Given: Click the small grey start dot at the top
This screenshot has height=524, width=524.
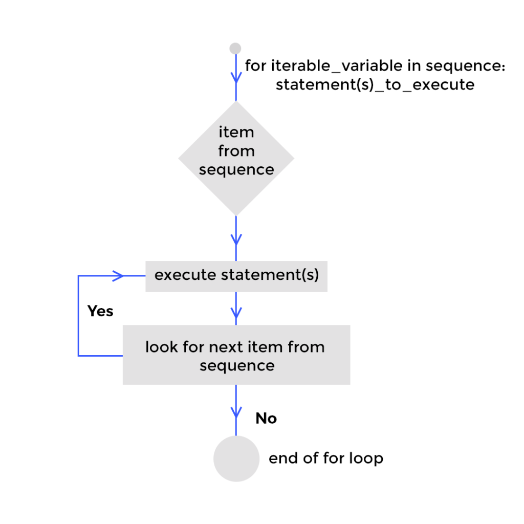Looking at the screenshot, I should tap(235, 49).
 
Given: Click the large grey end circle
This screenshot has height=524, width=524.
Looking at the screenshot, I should tap(236, 458).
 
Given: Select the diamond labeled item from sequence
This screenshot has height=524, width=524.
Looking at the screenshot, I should tap(236, 158).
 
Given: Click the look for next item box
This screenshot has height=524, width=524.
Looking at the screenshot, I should tap(236, 355).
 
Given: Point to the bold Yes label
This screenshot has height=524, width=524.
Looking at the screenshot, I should tap(100, 311).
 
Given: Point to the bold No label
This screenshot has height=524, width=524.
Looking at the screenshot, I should tap(266, 419).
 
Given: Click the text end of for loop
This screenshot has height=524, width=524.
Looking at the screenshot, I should tap(325, 458).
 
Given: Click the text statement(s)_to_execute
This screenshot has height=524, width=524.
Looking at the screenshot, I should tap(375, 84).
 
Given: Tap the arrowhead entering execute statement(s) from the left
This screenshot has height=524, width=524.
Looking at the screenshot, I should tap(118, 276).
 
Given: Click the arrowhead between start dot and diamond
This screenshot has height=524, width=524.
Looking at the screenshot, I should tap(236, 77).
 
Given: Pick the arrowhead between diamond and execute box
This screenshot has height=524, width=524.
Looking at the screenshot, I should tap(236, 239).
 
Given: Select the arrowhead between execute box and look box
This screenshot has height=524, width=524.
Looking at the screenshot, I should tap(236, 312).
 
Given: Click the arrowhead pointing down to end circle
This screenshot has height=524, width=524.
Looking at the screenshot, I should tap(236, 411).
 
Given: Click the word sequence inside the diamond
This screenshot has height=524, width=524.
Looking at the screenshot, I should tap(236, 170).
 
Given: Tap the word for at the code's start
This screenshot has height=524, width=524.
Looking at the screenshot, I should tap(255, 66).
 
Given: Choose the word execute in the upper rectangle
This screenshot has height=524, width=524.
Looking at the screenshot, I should tap(185, 275).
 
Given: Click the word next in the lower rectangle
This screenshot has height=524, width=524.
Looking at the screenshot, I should tap(225, 347).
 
